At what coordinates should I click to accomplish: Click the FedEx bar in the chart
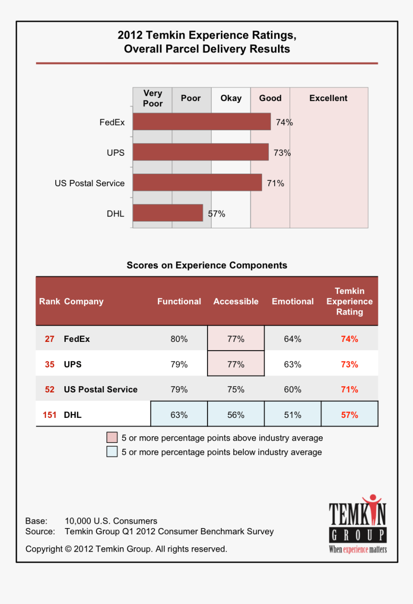[202, 122]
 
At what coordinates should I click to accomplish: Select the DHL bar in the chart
[168, 213]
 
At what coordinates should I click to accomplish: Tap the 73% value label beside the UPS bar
[282, 153]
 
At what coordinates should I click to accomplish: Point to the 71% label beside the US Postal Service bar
[275, 183]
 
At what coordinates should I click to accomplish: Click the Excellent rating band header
[328, 98]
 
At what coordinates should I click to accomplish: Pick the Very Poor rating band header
[153, 98]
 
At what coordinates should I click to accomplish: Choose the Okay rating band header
[231, 98]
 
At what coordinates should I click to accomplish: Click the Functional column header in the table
[179, 302]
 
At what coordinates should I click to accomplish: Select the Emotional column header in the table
[292, 302]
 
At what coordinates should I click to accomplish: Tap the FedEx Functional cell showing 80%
[179, 339]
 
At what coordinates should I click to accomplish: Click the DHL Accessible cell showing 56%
[236, 415]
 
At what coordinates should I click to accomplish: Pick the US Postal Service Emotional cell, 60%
[292, 390]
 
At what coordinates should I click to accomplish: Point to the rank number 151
[49, 415]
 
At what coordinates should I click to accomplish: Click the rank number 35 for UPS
[49, 365]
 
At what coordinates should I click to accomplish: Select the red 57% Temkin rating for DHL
[350, 415]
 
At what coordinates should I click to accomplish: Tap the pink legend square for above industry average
[112, 438]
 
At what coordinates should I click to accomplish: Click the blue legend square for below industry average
[112, 452]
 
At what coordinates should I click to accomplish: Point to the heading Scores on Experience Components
[207, 265]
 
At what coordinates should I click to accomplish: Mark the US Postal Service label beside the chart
[89, 183]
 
